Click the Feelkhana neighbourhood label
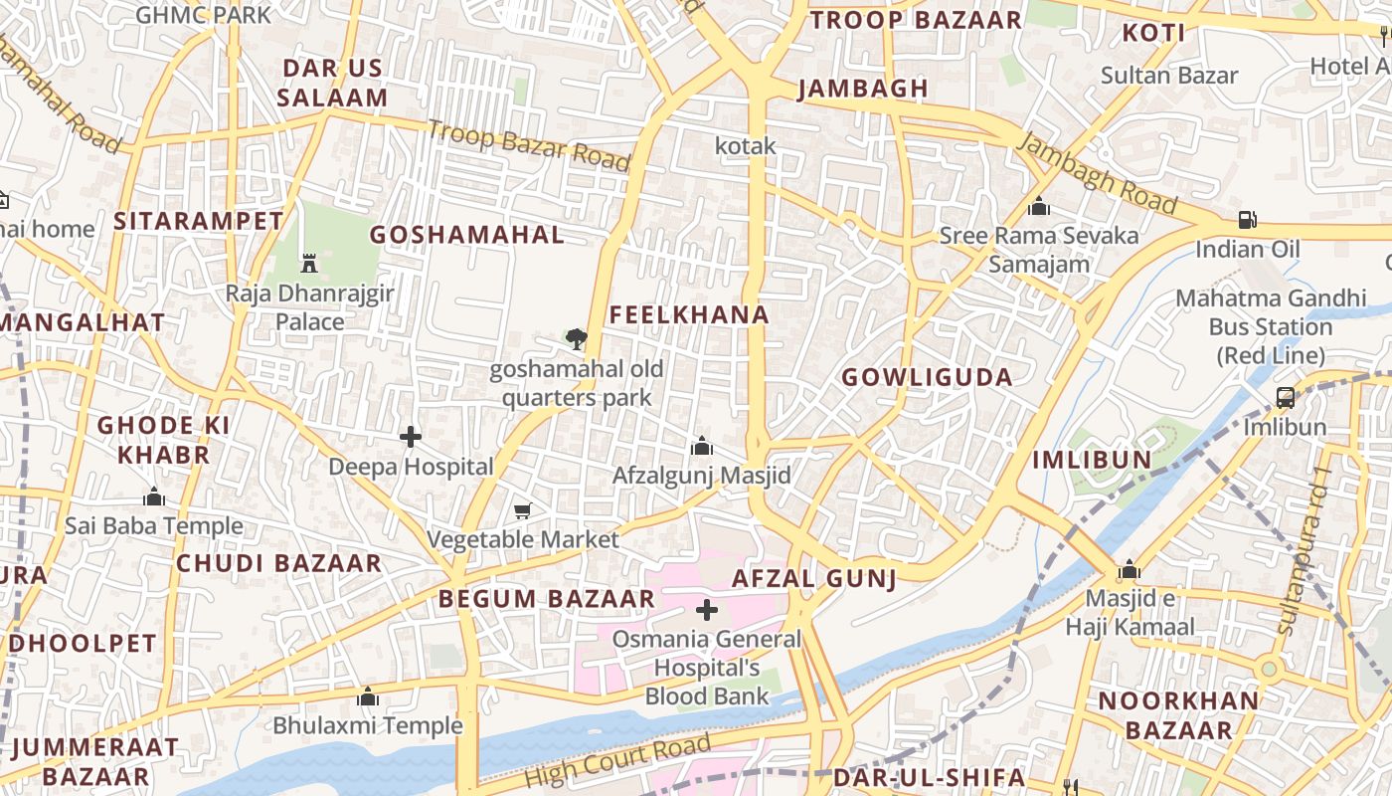(x=689, y=315)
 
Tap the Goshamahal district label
(x=466, y=235)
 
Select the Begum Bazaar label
(x=547, y=599)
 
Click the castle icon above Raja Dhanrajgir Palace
(x=309, y=264)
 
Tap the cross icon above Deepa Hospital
(x=411, y=437)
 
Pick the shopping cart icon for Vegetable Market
(x=523, y=510)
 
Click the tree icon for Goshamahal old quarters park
(x=576, y=339)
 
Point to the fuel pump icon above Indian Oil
(x=1247, y=220)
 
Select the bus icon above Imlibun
(x=1285, y=398)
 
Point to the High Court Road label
(x=617, y=761)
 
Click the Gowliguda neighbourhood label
(x=927, y=377)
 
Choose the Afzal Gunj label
(x=814, y=578)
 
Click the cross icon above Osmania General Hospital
(x=707, y=609)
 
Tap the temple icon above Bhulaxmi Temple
(x=368, y=696)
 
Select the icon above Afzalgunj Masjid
(x=702, y=446)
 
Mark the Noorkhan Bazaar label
(x=1178, y=714)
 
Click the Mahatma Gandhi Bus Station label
(x=1271, y=326)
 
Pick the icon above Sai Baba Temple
(x=154, y=497)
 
